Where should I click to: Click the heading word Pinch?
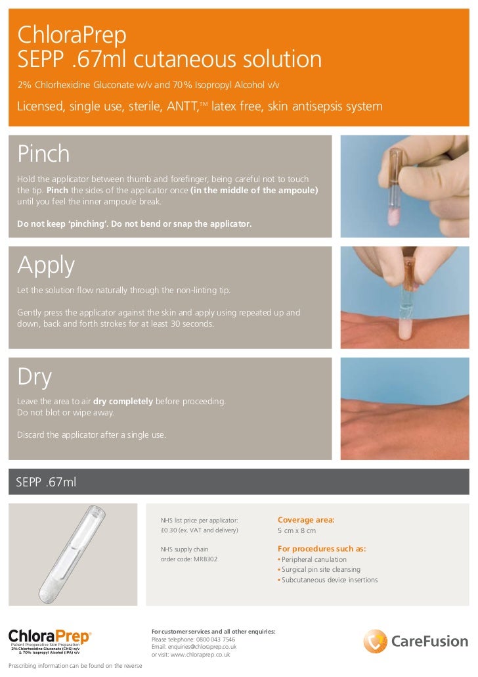[43, 154]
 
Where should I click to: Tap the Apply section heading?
[46, 266]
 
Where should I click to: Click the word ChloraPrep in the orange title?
[62, 34]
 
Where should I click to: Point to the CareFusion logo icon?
[376, 641]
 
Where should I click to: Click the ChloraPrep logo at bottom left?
[50, 637]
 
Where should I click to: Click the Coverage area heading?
[306, 520]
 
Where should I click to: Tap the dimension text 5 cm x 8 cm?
[297, 530]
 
